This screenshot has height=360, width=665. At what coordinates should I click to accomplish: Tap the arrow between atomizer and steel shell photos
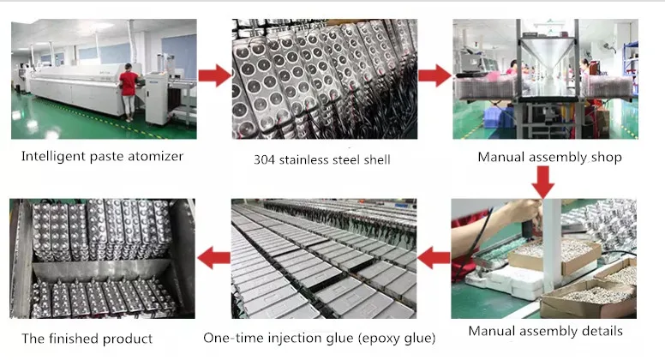click(x=214, y=75)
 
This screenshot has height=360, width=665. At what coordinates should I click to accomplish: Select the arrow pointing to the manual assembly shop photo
click(x=434, y=75)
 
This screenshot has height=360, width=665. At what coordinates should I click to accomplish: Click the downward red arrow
click(x=542, y=181)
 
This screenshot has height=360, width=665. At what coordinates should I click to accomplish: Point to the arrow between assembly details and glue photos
click(x=434, y=256)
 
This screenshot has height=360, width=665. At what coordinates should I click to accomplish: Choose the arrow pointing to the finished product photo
click(x=213, y=256)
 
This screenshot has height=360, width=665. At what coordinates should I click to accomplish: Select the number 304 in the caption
click(x=266, y=159)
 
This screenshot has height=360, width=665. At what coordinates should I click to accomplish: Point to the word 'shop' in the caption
click(x=606, y=157)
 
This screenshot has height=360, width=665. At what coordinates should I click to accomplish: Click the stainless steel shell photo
click(x=325, y=79)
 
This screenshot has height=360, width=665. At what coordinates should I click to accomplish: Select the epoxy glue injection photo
click(x=324, y=258)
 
